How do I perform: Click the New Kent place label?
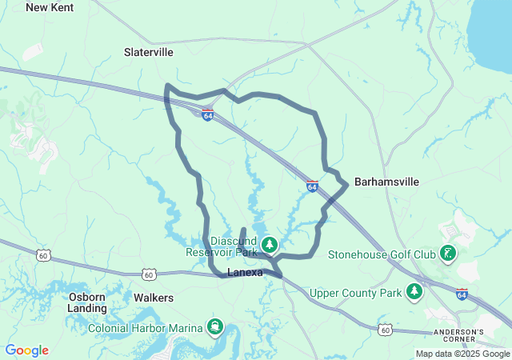[x=50, y=7]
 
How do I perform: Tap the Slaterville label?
[x=149, y=52]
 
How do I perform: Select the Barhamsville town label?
[x=386, y=182]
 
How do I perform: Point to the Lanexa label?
[x=245, y=273]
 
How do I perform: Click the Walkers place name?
[x=154, y=298]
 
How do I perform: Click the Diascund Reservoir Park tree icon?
[x=270, y=244]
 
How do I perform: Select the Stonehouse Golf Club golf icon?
[x=448, y=255]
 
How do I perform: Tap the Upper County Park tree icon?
[x=414, y=292]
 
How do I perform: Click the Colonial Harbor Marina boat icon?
[x=215, y=326]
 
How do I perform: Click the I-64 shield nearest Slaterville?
[x=207, y=115]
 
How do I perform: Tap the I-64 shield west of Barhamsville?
[x=312, y=186]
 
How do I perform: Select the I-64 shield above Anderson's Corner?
[x=462, y=294]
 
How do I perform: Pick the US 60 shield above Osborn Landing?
[x=42, y=254]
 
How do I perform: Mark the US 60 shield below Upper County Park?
[x=386, y=329]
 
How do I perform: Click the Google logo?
[x=26, y=350]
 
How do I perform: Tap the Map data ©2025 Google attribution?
[x=462, y=354]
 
